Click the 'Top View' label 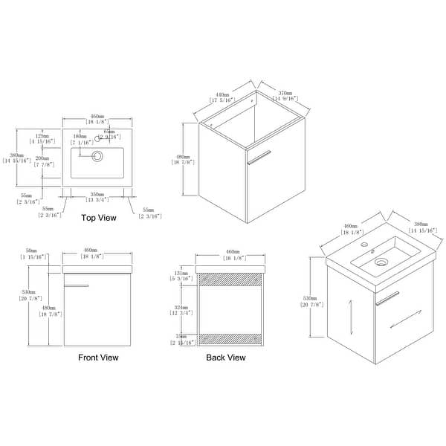pos(98,218)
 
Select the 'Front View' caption pos(98,358)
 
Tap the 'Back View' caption pos(226,358)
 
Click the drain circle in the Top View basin pos(97,156)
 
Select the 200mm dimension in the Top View pos(43,158)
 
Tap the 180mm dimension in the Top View pos(80,137)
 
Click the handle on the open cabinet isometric pos(259,156)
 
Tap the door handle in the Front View pos(77,285)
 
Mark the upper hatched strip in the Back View pos(230,278)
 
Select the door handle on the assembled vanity pos(387,298)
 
